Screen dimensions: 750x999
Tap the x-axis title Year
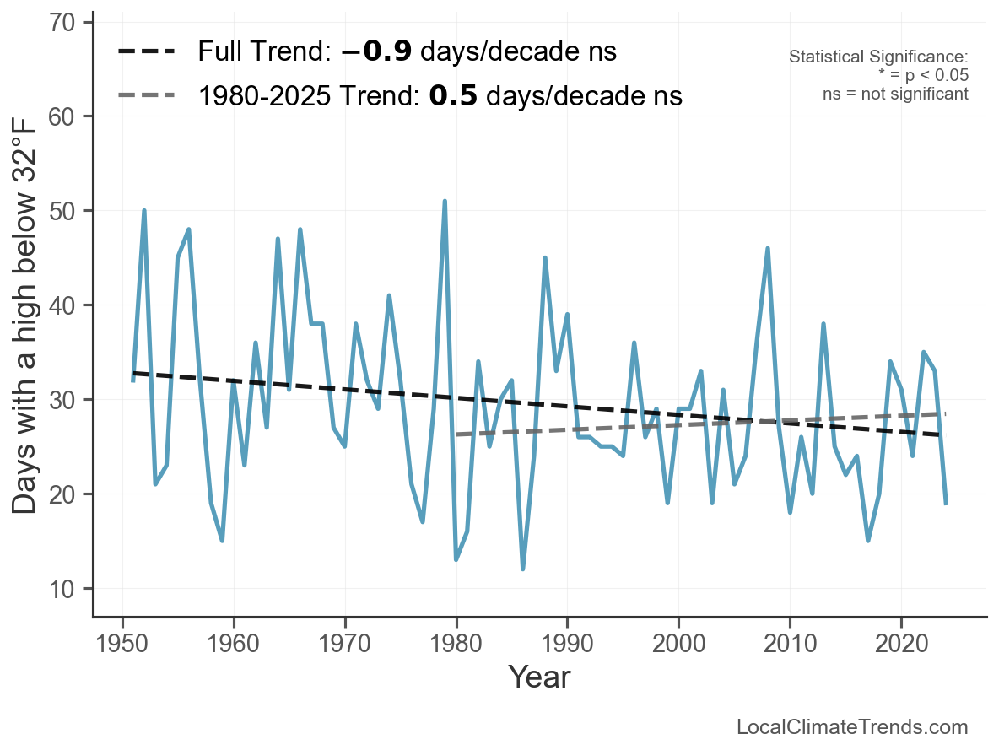point(539,677)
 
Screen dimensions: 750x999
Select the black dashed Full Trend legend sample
point(146,51)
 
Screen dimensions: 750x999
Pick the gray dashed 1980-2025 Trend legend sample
point(146,95)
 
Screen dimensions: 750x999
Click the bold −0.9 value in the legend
point(376,51)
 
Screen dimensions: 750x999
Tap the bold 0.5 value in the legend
point(453,95)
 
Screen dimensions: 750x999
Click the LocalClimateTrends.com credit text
point(852,727)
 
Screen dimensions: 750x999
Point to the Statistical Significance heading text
point(878,57)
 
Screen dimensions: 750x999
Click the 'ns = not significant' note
point(895,94)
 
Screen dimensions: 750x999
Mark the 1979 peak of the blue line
point(445,202)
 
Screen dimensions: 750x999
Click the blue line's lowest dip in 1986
point(523,569)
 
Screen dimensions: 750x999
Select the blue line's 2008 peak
point(768,248)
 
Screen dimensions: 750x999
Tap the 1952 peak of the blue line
point(144,211)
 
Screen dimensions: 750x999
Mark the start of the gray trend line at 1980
point(456,434)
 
